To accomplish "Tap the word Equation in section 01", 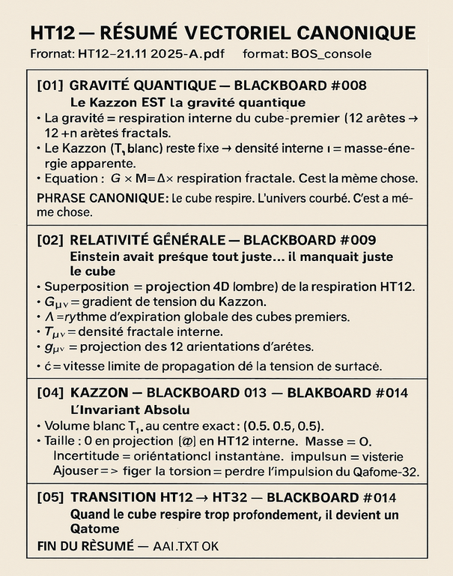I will point(71,179).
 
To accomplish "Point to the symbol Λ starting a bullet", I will point(49,316).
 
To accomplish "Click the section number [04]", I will point(49,393).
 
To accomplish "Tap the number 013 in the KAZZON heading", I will point(257,393).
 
